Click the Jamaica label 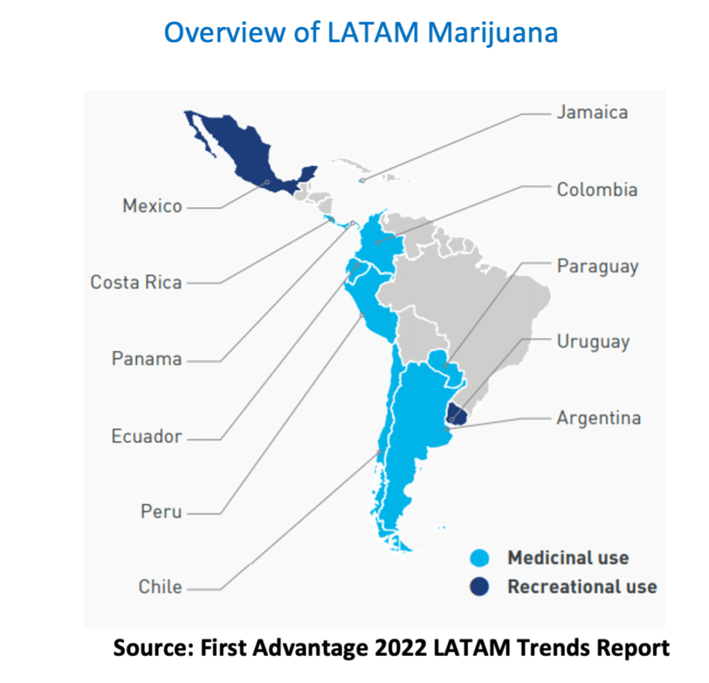click(x=592, y=113)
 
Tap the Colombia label click(x=597, y=190)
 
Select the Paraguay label click(x=597, y=266)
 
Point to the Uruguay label click(x=593, y=342)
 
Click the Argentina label click(x=598, y=418)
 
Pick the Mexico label click(x=152, y=206)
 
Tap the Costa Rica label click(x=136, y=282)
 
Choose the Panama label click(x=147, y=359)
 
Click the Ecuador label click(x=147, y=437)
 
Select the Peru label click(x=161, y=512)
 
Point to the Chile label click(x=161, y=588)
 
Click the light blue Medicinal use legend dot click(x=478, y=558)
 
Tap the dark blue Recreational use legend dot click(x=478, y=588)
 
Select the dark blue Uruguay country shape click(x=456, y=413)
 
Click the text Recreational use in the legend click(x=582, y=588)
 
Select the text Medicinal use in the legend click(x=568, y=558)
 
